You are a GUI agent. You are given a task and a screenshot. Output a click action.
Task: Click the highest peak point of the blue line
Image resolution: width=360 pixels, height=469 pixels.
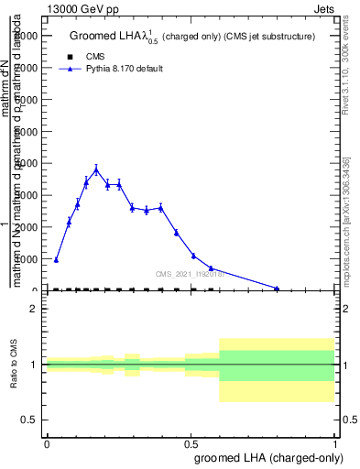(96, 169)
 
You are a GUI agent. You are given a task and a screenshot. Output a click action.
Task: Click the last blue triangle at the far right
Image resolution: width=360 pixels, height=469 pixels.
(277, 289)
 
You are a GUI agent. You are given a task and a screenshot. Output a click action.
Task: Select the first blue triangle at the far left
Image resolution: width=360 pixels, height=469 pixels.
(56, 259)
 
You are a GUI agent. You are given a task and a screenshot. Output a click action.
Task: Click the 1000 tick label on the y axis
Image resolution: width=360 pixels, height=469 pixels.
(27, 259)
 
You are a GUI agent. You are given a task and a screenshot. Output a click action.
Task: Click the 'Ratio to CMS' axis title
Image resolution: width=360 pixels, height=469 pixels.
(14, 365)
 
